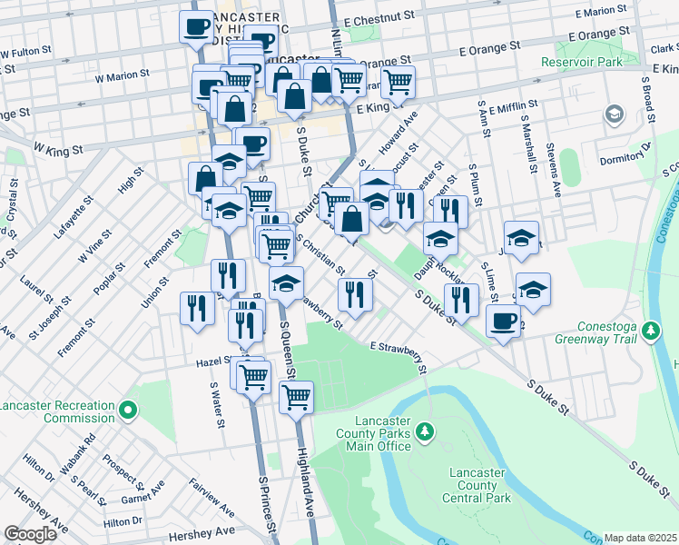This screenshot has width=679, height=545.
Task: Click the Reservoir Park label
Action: click(x=582, y=62)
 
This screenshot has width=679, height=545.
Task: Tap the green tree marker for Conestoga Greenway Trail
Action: click(x=651, y=330)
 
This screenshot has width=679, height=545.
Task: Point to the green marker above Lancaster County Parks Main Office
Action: click(x=423, y=430)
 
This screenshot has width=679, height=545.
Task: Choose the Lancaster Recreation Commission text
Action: click(x=58, y=411)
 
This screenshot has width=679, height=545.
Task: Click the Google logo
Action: click(x=30, y=534)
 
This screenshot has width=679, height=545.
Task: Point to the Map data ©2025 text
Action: click(x=641, y=538)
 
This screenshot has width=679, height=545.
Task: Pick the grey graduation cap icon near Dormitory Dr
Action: click(x=615, y=114)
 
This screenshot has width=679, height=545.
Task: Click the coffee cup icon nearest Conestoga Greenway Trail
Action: click(x=502, y=321)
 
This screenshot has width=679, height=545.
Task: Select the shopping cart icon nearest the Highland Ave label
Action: click(x=296, y=395)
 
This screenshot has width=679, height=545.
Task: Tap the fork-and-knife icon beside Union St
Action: click(x=195, y=307)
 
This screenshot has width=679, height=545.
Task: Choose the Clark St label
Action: click(x=664, y=50)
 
